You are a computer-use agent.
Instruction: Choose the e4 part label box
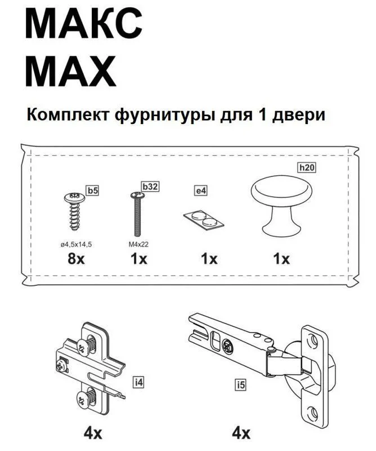pyautogui.click(x=201, y=191)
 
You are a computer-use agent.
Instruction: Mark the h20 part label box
pyautogui.click(x=306, y=167)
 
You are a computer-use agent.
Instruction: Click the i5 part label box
pyautogui.click(x=241, y=386)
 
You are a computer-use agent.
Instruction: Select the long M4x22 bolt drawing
pyautogui.click(x=136, y=215)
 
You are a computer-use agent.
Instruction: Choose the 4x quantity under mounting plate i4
pyautogui.click(x=92, y=434)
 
